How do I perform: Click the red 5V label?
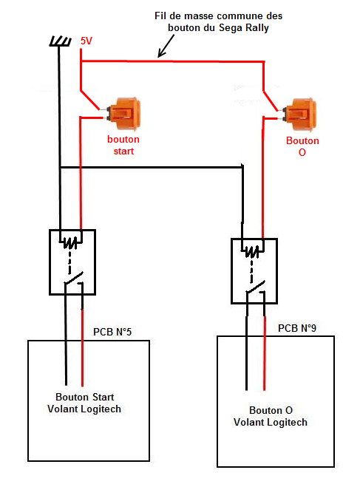click(86, 41)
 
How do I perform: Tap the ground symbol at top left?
click(60, 41)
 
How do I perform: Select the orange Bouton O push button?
click(299, 115)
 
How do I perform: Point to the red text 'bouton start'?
click(123, 145)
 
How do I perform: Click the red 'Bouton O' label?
click(302, 146)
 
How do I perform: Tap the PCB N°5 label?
click(112, 332)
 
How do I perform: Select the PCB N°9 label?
click(297, 328)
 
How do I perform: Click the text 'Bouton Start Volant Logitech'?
click(84, 403)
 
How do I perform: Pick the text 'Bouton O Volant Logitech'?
click(271, 416)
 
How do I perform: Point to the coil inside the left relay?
click(70, 242)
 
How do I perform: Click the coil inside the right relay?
click(252, 251)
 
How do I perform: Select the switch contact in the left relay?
click(74, 279)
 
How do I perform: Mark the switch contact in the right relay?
click(256, 287)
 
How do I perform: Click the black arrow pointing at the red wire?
click(166, 46)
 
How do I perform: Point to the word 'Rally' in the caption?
click(257, 28)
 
